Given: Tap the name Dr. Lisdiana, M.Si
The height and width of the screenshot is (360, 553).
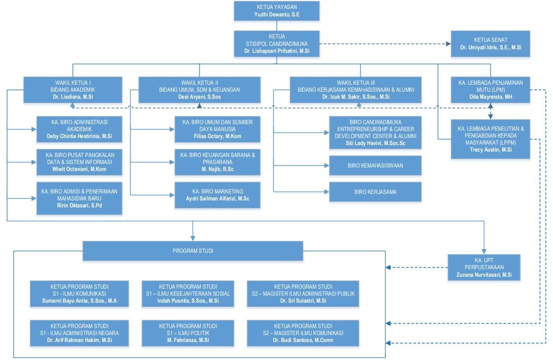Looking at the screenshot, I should coord(72,97).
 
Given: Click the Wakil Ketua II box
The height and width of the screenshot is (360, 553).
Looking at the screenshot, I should coord(199,90).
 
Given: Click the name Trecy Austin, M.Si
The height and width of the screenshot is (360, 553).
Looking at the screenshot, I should coord(491,149).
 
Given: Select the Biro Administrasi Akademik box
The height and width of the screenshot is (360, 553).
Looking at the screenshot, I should coord(79,129).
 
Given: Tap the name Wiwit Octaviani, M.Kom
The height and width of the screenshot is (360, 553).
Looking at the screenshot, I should coord(79,169).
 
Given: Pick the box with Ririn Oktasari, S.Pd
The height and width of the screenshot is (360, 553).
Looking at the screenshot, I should coord(79,198).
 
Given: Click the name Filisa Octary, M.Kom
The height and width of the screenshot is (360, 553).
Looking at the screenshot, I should coord(217,136).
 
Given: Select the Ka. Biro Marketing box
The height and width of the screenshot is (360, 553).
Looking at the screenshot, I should coord(217,194).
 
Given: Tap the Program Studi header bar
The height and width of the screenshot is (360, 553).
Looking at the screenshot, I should coord(193,251).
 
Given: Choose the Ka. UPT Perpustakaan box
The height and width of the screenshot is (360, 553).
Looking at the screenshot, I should coord(484,268).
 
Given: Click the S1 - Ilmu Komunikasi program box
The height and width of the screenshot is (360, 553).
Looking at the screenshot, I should coord(80,294).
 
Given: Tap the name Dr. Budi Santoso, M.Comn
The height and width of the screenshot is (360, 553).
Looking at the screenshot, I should coord(303,340).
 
